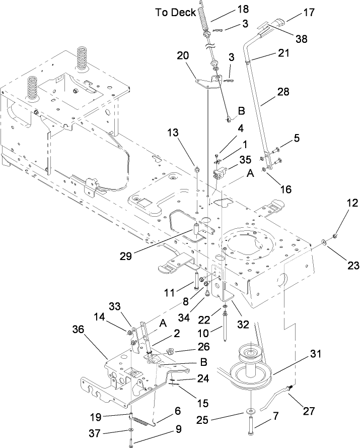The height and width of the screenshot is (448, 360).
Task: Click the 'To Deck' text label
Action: tap(176, 13)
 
